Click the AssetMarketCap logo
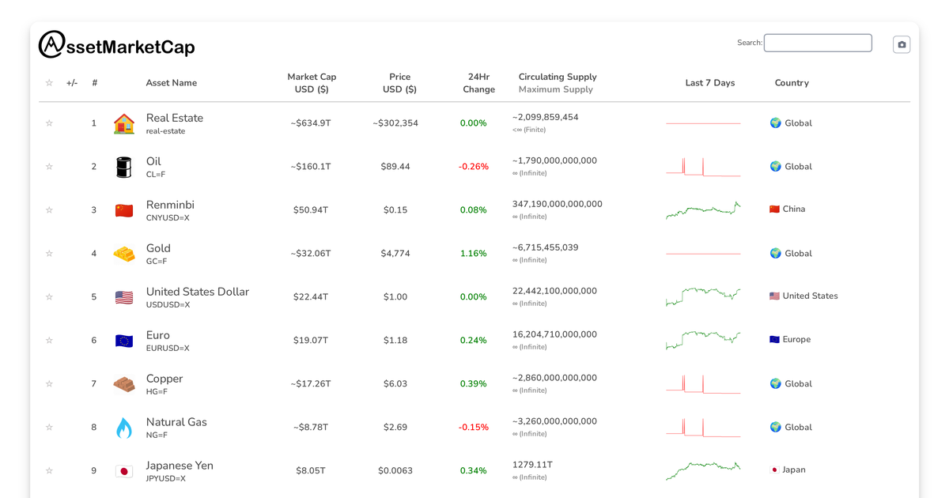coord(116,45)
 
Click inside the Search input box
coord(818,43)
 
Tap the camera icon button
coord(902,44)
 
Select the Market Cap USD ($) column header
coord(312,83)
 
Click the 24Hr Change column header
coord(478,83)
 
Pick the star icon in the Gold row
coord(49,254)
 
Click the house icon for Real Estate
coord(124,123)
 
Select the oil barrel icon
coord(124,167)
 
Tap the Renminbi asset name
coord(170,205)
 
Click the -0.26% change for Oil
coord(474,167)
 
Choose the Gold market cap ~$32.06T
coord(311,254)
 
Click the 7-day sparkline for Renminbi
coord(703,210)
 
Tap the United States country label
coord(810,296)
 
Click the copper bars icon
coord(124,384)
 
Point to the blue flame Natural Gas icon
coord(124,428)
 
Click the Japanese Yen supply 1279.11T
coord(532,465)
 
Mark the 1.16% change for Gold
coord(474,254)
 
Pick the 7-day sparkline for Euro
coord(703,340)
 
